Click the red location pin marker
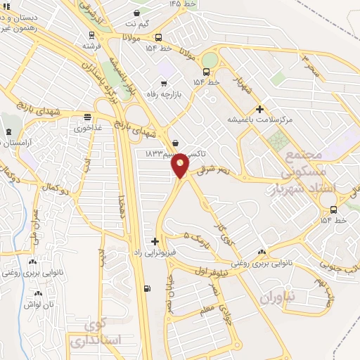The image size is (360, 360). pos(181,167)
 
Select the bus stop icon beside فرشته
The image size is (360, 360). pos(90,35)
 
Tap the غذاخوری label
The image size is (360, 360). pos(87,129)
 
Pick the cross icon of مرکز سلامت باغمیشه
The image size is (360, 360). pos(260,109)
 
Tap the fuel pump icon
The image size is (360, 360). pos(146,288)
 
